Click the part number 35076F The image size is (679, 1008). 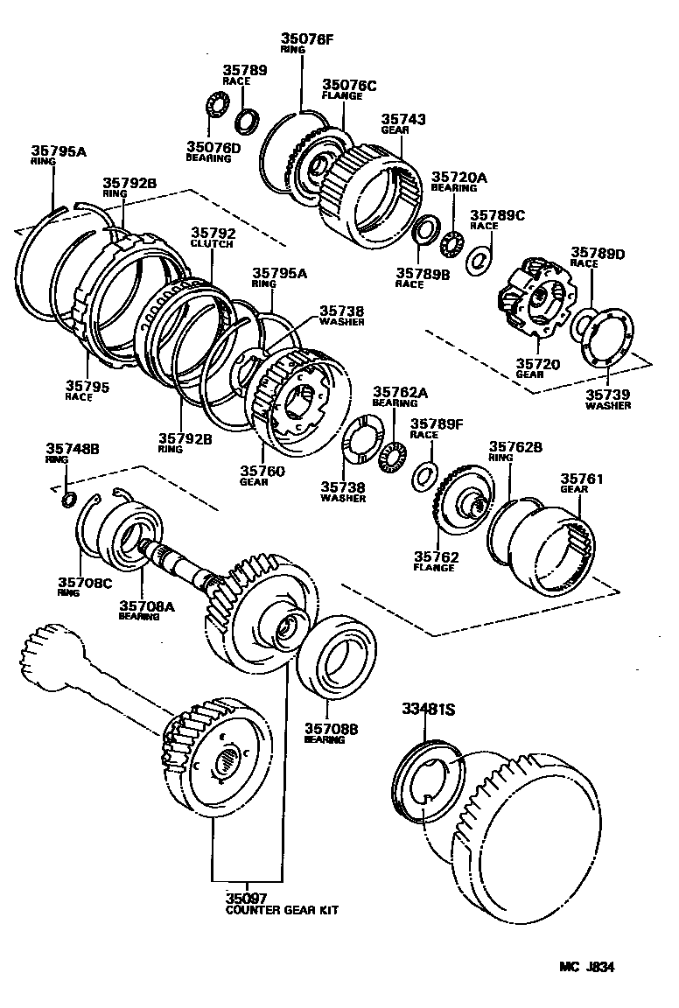pos(307,38)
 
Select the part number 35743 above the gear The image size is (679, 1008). pos(402,118)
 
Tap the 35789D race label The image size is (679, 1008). pos(598,253)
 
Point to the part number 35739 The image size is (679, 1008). pos(608,395)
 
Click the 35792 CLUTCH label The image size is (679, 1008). pos(213,233)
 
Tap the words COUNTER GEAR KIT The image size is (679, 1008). pos(281,910)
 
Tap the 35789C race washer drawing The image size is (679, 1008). pos(479,260)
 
